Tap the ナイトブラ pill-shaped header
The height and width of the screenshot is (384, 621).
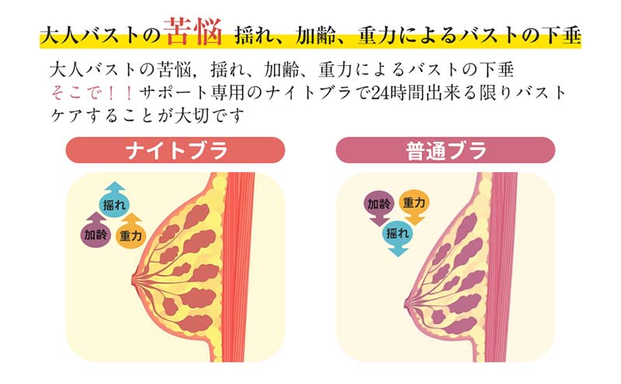[175, 150]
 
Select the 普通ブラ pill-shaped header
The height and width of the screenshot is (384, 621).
[445, 150]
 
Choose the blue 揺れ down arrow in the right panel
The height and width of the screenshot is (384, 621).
[397, 234]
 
